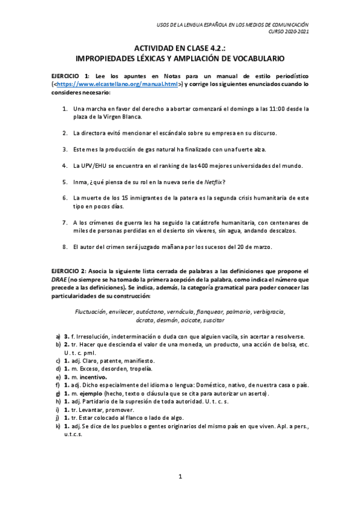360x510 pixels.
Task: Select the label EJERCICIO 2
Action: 70,272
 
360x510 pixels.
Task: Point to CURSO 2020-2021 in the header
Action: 288,31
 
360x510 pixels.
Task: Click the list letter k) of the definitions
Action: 58,426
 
